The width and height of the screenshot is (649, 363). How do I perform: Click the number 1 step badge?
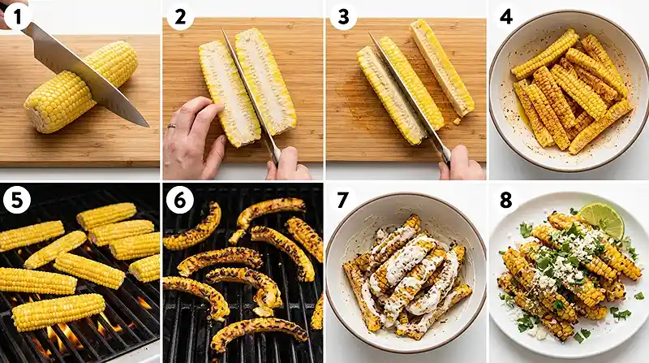click(16, 16)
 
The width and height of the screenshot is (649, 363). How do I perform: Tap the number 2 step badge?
click(179, 16)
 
